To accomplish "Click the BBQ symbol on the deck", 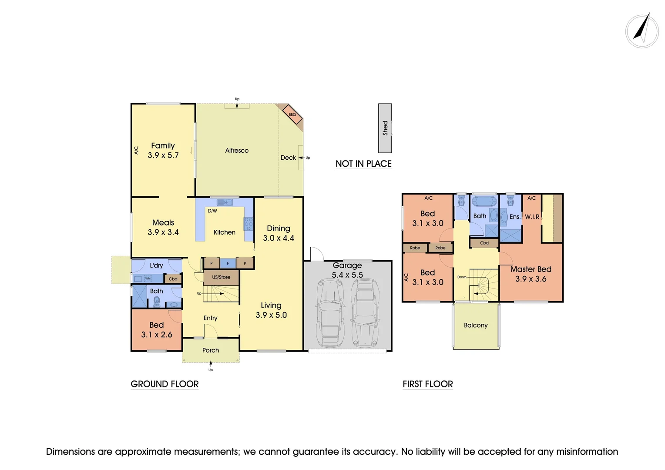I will tap(292, 114).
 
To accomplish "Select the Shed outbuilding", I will tap(385, 128).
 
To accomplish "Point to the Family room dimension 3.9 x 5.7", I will tap(163, 155).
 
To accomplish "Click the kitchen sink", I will tap(225, 202).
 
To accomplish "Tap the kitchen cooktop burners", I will tap(249, 224).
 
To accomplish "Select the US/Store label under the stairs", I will tap(221, 277).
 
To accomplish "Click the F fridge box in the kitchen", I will tap(228, 263).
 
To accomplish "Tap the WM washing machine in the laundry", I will tap(148, 279).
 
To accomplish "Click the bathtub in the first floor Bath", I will tap(484, 201).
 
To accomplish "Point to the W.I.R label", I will tap(532, 217).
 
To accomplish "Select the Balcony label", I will tap(476, 326).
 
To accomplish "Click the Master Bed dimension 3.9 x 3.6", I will tap(531, 279).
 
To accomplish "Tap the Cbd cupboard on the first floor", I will tap(484, 243).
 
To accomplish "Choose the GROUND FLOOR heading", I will tap(165, 384).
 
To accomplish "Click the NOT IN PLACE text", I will tap(363, 164).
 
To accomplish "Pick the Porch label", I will tap(211, 350).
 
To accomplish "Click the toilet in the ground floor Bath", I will tap(157, 301).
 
